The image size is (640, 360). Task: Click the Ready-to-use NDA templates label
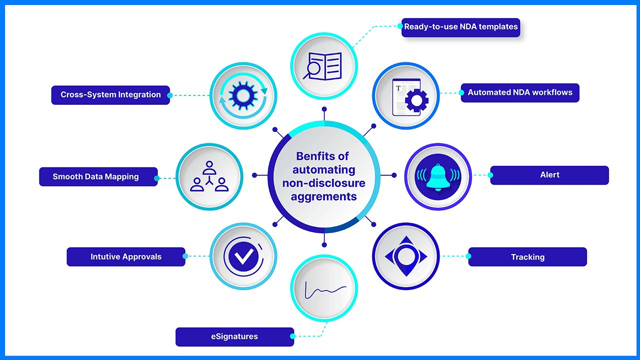(461, 27)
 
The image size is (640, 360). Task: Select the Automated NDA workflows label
(520, 93)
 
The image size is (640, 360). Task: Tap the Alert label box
(549, 175)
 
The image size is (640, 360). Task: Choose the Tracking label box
(527, 257)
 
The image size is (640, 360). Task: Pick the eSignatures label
(234, 337)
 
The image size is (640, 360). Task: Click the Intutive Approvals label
(126, 257)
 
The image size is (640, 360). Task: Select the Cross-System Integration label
(110, 95)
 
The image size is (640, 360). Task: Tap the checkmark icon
(243, 257)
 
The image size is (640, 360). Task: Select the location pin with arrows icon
(406, 257)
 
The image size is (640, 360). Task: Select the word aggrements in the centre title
(324, 197)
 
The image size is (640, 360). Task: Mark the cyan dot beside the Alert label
(490, 175)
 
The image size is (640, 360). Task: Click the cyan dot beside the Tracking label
(469, 257)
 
